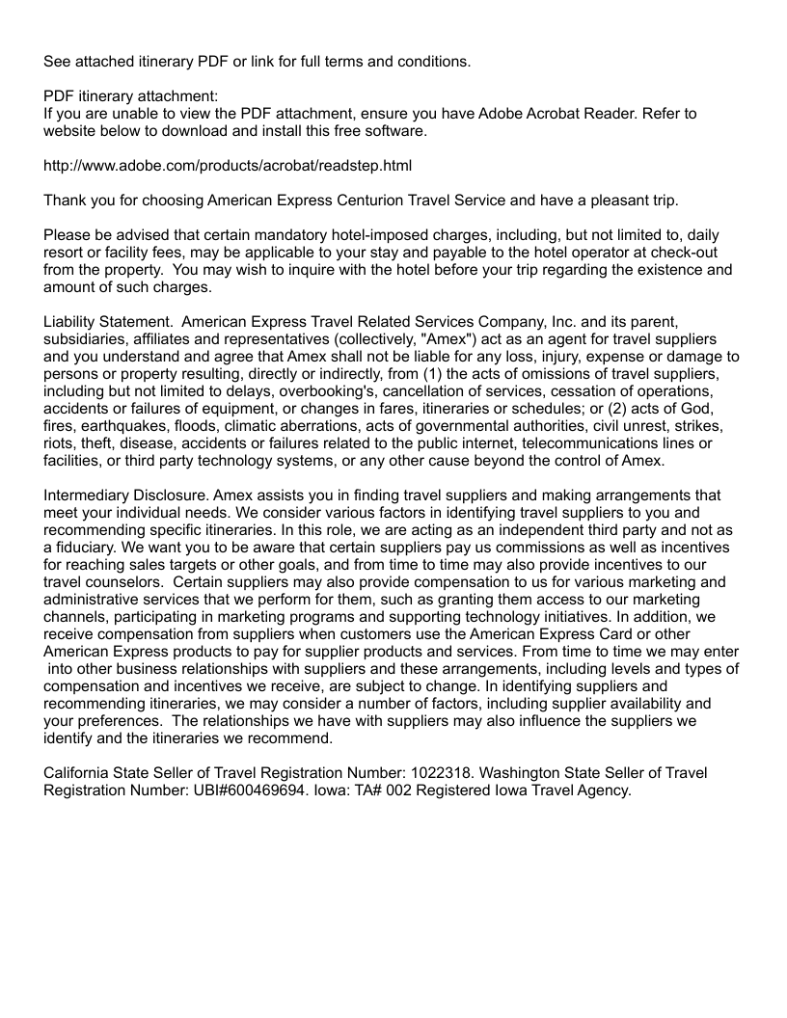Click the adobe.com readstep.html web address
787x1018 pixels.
(228, 166)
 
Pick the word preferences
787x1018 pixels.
(118, 721)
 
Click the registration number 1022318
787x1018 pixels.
(457, 773)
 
